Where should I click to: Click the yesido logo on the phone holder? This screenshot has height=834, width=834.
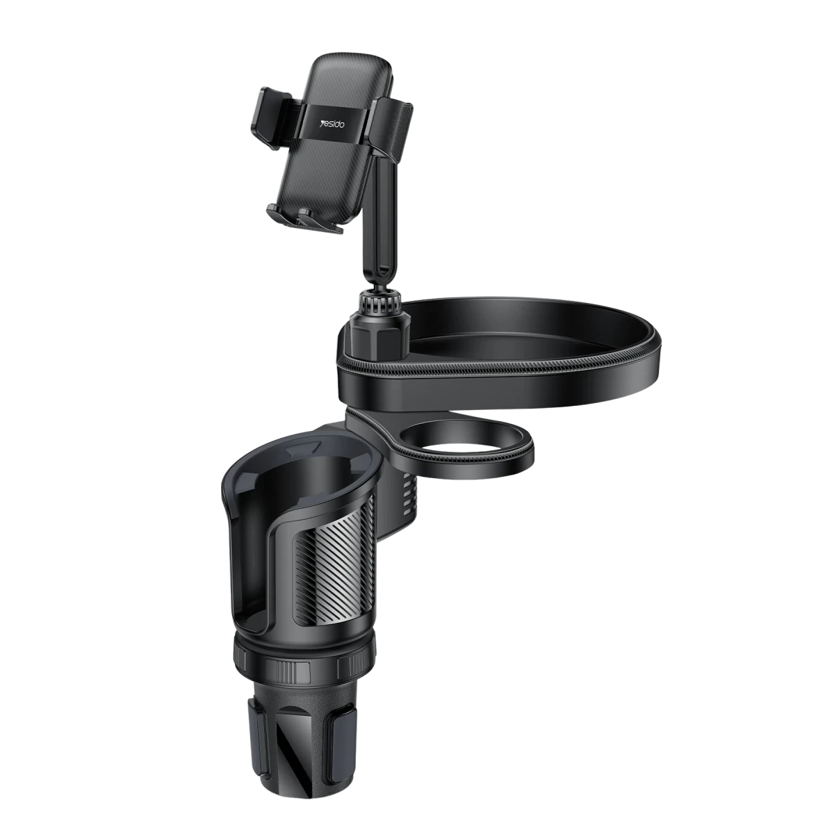coord(334,123)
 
